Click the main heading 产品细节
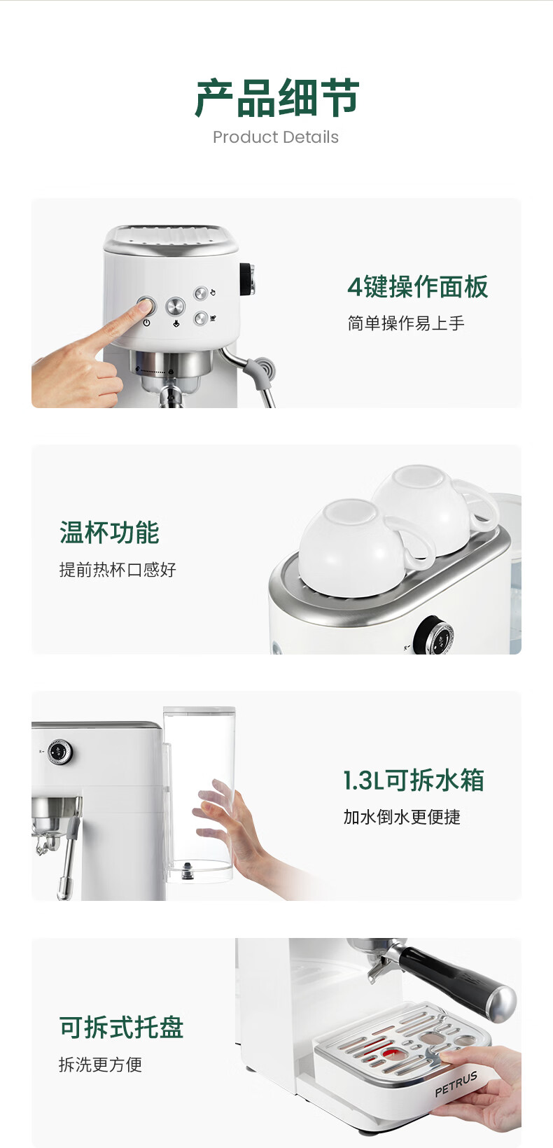pos(276,97)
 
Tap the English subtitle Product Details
pos(276,137)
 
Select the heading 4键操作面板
pos(418,286)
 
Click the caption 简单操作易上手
pos(406,323)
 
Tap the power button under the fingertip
pos(146,305)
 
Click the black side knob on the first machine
pos(247,279)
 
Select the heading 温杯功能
pos(109,533)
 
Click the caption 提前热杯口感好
pos(118,569)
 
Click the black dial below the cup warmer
pos(433,636)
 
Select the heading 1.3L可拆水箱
pos(414,780)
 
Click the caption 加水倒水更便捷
pos(402,817)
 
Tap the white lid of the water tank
pos(199,710)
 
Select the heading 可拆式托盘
pos(122,1028)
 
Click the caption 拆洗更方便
pos(101,1065)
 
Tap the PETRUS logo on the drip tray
pos(456,1084)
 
